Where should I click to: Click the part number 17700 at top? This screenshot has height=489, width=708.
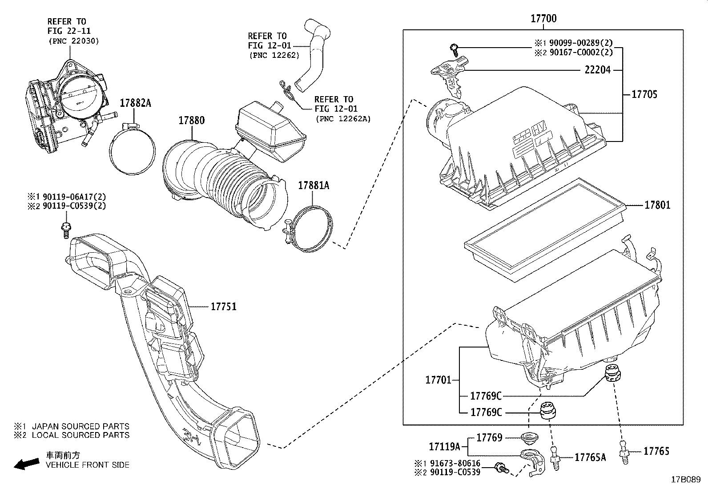[543, 19]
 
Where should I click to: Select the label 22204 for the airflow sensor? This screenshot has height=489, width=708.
[597, 70]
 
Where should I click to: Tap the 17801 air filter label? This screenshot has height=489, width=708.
[657, 205]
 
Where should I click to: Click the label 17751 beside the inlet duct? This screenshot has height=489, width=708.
[223, 307]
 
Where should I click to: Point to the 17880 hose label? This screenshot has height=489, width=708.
[192, 121]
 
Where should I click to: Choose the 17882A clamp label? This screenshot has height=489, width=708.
[135, 103]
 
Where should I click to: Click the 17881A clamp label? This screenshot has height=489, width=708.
[313, 186]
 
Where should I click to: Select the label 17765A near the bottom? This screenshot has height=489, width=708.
[590, 457]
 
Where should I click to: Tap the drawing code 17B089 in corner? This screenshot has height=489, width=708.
[685, 480]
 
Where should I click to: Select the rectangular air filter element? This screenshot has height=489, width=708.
[545, 230]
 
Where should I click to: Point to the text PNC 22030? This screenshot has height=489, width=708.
[73, 41]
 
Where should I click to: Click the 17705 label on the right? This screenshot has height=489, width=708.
[644, 94]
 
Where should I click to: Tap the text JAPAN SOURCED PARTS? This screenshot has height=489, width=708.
[80, 426]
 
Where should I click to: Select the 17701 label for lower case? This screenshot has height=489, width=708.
[438, 380]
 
